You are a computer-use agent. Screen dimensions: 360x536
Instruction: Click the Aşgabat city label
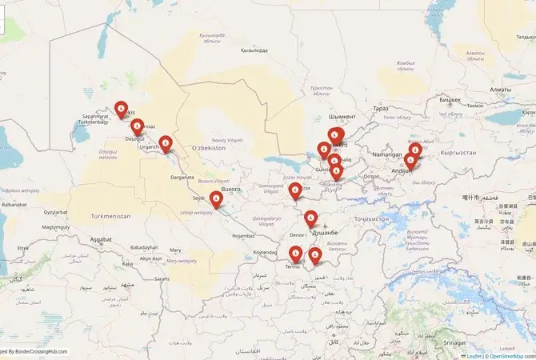point(101,239)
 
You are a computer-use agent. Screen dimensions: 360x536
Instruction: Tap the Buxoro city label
point(230,189)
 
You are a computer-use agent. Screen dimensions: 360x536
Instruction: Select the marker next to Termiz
point(296,254)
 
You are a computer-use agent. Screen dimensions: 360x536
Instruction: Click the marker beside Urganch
point(166,143)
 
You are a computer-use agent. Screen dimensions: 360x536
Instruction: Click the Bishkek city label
point(450,99)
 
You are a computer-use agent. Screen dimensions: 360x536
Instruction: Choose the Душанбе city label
point(326,232)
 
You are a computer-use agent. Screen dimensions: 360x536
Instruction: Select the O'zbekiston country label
point(210,149)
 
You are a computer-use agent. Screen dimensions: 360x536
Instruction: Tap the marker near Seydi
point(216,200)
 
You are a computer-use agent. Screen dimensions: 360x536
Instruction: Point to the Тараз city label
point(381,108)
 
